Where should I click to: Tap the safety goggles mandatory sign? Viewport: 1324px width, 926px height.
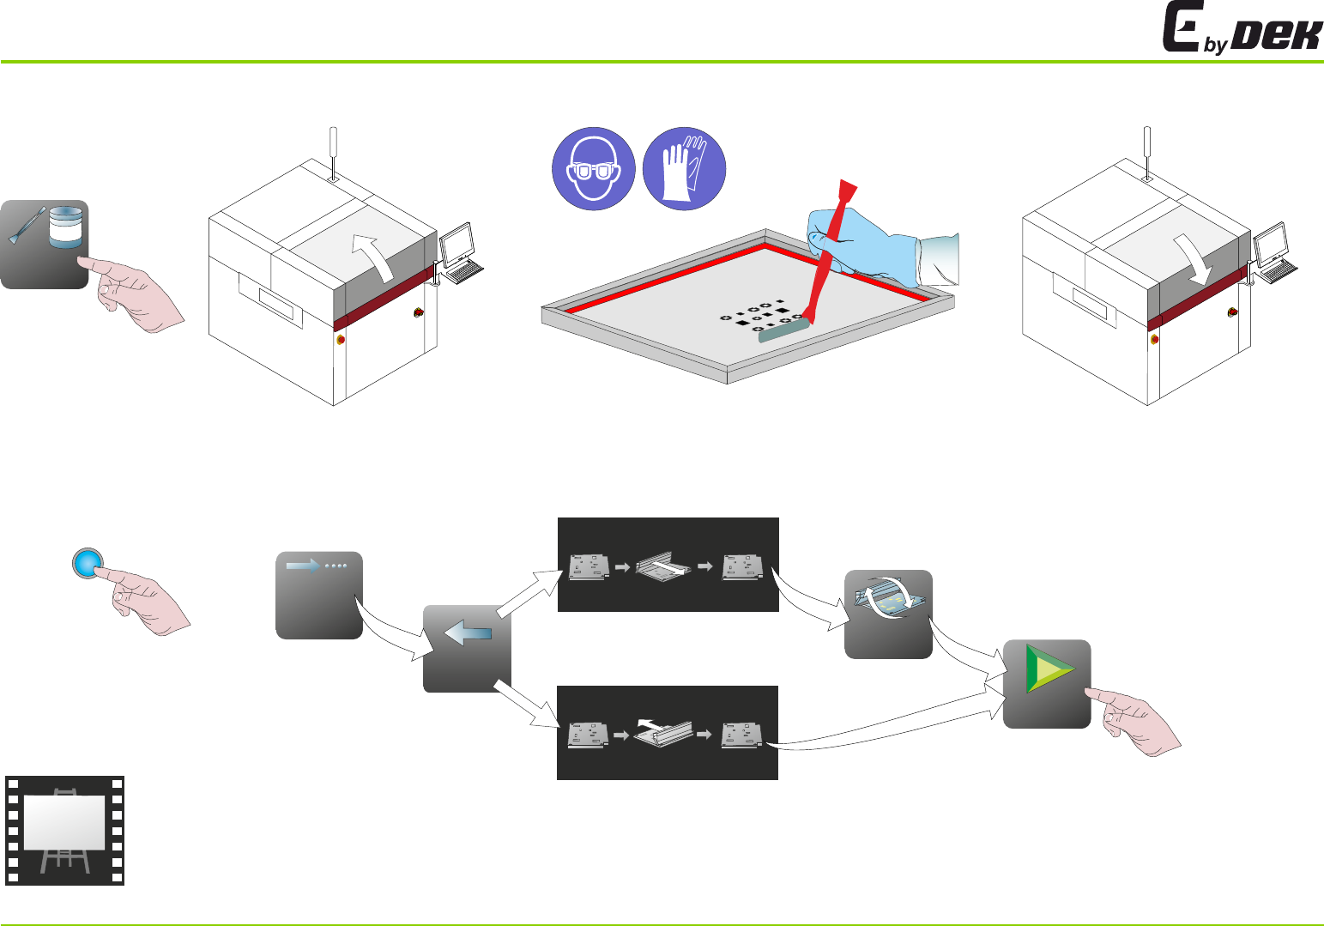point(593,169)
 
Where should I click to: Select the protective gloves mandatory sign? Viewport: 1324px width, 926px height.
point(685,169)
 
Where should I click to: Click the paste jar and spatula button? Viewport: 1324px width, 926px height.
point(45,244)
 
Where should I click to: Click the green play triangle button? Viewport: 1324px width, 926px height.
point(1047,684)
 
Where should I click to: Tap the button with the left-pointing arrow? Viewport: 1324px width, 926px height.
point(467,648)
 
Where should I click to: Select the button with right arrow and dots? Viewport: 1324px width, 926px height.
point(319,595)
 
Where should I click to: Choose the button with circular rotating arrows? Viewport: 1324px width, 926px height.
point(888,614)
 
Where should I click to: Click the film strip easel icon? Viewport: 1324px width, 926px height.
point(65,830)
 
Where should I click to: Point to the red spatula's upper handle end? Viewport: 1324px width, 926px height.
point(847,191)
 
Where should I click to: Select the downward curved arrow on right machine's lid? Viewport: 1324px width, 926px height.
point(1197,257)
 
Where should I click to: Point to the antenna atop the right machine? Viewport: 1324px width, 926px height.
point(1147,150)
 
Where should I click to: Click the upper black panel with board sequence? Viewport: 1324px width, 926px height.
point(668,565)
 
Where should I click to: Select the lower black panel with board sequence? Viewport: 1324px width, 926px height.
point(668,733)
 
